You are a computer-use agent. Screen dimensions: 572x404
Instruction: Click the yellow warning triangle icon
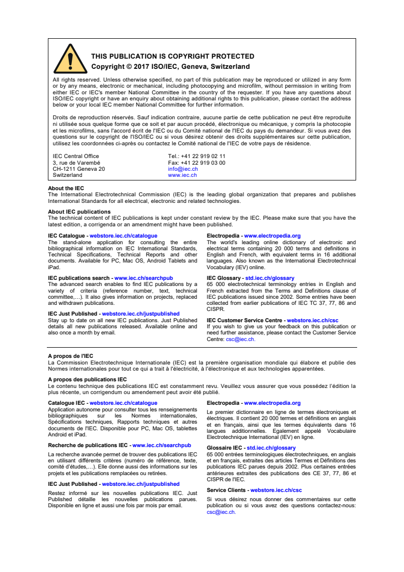(x=70, y=59)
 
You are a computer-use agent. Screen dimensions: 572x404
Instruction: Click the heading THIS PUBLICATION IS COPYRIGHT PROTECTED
(x=173, y=57)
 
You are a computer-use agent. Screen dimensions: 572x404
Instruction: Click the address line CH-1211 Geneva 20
(x=79, y=169)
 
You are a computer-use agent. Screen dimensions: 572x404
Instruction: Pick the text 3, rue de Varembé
(x=76, y=163)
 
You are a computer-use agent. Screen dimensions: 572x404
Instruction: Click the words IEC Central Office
(x=76, y=157)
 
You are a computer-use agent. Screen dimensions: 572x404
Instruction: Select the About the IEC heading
(x=66, y=188)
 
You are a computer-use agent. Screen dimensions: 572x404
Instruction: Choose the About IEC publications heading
(x=79, y=212)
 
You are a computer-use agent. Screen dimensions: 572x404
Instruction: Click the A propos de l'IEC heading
(x=70, y=356)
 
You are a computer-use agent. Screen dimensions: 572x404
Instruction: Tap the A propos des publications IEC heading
(x=87, y=379)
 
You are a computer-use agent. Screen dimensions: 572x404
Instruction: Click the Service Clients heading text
(x=226, y=490)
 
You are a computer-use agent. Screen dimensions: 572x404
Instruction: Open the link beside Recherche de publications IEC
(x=161, y=445)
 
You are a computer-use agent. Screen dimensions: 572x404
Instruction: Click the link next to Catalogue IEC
(x=123, y=403)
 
